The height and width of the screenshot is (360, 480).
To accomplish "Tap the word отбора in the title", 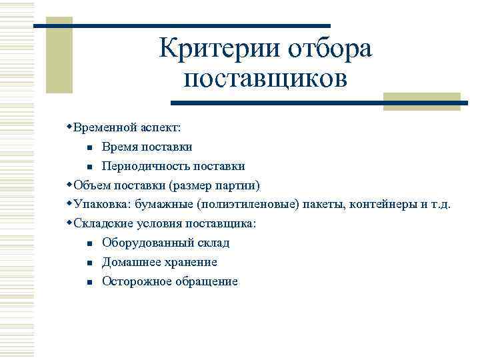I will coord(331,49).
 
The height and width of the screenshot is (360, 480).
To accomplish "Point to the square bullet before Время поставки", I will coord(88,147).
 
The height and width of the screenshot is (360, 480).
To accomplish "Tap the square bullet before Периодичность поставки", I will coord(88,166).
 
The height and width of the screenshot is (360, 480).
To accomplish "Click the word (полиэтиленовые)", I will coord(254,204).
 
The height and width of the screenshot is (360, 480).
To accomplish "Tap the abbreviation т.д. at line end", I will coord(439,204).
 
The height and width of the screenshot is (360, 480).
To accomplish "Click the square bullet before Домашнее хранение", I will coord(88,263).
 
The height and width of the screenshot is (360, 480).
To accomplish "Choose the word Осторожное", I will coord(134,281).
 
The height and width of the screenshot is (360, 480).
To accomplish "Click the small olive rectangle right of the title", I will coord(422,101).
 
